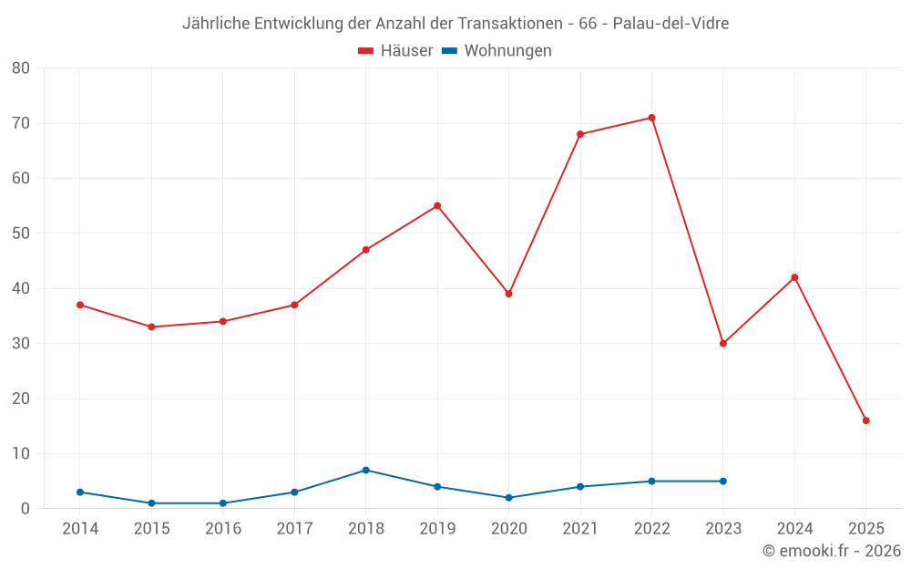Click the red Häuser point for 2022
tap(651, 118)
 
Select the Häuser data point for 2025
tap(865, 420)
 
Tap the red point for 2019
tap(437, 206)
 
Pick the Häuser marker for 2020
tap(508, 294)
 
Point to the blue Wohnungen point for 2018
tap(365, 471)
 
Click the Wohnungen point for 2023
tap(723, 482)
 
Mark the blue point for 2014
tap(80, 492)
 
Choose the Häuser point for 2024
tap(794, 277)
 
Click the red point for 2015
tap(151, 326)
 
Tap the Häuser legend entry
tap(395, 51)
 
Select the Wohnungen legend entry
tap(496, 51)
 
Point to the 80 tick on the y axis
tap(21, 68)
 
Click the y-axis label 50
tap(21, 233)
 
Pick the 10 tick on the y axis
tap(21, 454)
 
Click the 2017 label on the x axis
tap(294, 529)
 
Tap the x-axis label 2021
tap(580, 529)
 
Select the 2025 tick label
tap(865, 529)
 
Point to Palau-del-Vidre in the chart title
tap(670, 23)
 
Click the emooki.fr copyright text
tap(832, 551)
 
